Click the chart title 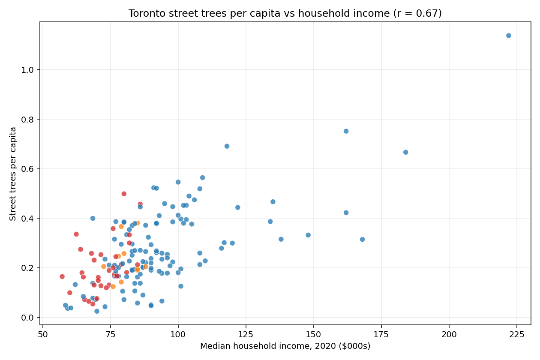pos(285,14)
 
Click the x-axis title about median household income pos(285,346)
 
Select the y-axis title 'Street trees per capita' pos(13,174)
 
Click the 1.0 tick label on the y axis pos(28,70)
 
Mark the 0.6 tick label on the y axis pos(28,169)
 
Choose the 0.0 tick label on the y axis pos(28,318)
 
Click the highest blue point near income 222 pos(508,36)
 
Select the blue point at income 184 pos(405,152)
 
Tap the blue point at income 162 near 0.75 pos(346,131)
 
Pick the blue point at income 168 pos(362,239)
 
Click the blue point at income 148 pos(308,235)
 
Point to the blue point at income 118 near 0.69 pos(227,146)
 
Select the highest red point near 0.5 pos(124,194)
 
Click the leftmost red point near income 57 pos(62,276)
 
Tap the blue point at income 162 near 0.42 pos(346,213)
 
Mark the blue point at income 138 pos(281,239)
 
